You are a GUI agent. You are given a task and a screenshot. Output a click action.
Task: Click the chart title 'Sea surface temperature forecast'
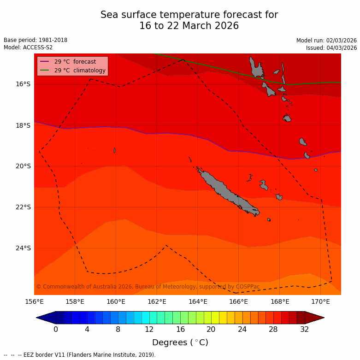coord(189,15)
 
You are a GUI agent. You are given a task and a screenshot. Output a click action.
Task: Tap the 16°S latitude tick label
coord(23,84)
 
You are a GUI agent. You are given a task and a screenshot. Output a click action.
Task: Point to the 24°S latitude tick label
coord(23,248)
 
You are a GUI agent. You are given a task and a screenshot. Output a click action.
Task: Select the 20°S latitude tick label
coord(23,166)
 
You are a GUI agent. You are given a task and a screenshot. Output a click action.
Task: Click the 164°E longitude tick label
coord(198,302)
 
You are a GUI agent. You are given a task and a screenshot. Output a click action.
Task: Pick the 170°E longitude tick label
coord(320,302)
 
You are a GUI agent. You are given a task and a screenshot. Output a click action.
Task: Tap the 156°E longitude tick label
coord(34,302)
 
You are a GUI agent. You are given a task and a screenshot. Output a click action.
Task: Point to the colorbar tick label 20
coord(211,330)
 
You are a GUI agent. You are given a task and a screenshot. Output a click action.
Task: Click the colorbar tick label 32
coord(304,330)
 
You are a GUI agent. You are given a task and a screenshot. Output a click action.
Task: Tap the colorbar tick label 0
coord(56,330)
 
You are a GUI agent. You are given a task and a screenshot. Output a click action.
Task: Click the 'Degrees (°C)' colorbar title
coord(180,342)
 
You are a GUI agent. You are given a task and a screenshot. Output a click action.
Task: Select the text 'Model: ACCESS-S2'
coord(28,47)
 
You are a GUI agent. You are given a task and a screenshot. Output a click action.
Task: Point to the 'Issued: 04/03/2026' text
coord(331,48)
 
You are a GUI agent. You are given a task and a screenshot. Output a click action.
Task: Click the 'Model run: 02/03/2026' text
coord(326,41)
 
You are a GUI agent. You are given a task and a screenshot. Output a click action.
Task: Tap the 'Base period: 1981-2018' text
coord(35,40)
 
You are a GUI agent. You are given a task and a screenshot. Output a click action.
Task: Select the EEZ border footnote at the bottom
coord(80,355)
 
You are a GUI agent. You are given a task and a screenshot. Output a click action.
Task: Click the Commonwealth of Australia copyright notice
coord(148,287)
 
